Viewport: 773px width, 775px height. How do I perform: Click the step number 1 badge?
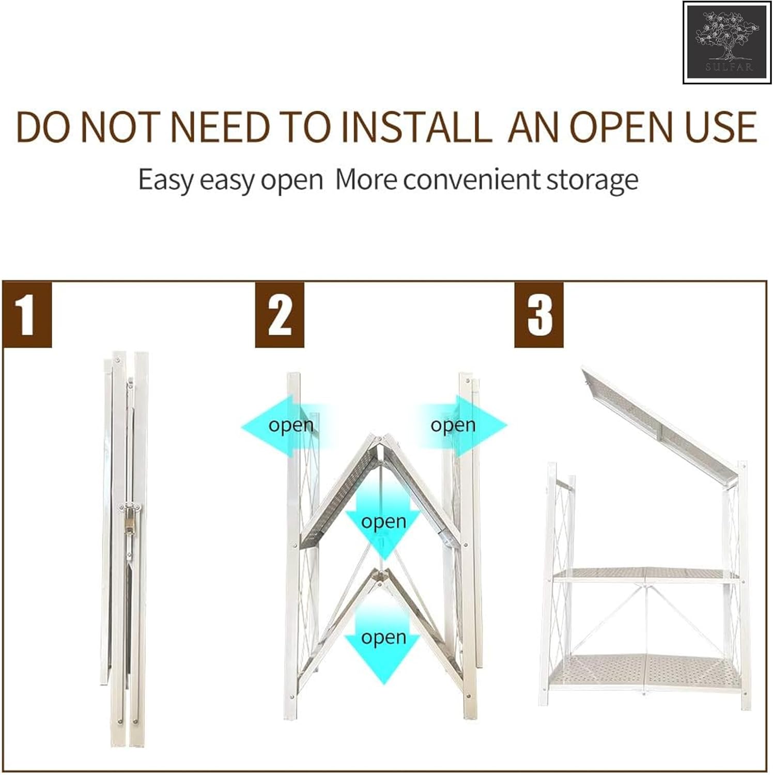[x=27, y=314]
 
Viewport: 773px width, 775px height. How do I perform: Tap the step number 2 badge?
[x=280, y=314]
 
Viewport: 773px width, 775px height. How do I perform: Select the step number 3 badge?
[x=539, y=314]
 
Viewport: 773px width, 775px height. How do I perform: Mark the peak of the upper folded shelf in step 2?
[x=379, y=438]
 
